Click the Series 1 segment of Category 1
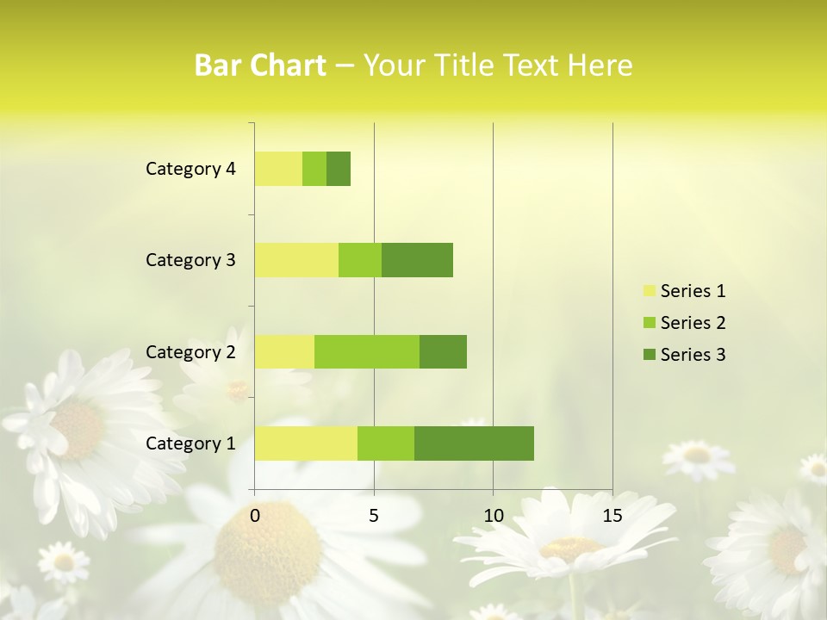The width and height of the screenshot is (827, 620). (x=306, y=443)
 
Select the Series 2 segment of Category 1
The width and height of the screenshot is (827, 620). (x=386, y=443)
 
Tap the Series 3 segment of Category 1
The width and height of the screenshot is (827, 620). (x=474, y=443)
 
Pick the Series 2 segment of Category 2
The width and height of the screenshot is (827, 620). (x=367, y=351)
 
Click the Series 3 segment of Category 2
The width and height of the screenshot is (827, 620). (x=443, y=351)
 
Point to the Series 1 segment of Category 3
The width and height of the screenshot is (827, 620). (x=296, y=260)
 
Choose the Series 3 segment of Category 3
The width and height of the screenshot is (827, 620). (x=417, y=260)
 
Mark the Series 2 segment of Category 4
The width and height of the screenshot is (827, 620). (x=314, y=169)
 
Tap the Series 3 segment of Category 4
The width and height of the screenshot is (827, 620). (x=339, y=169)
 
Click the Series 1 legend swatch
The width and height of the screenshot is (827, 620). (x=649, y=291)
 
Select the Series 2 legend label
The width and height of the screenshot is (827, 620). (x=693, y=323)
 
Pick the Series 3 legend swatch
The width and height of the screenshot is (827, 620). (x=649, y=355)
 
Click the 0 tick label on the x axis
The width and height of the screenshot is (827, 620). (x=255, y=516)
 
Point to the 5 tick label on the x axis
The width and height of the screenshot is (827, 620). (x=374, y=516)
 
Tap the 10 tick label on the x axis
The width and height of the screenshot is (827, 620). (x=493, y=516)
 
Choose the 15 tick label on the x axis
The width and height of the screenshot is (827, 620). (x=612, y=516)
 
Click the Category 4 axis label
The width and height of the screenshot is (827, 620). (x=190, y=169)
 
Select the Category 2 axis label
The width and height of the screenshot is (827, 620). (x=190, y=351)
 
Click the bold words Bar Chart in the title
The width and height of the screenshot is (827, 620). (x=260, y=65)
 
